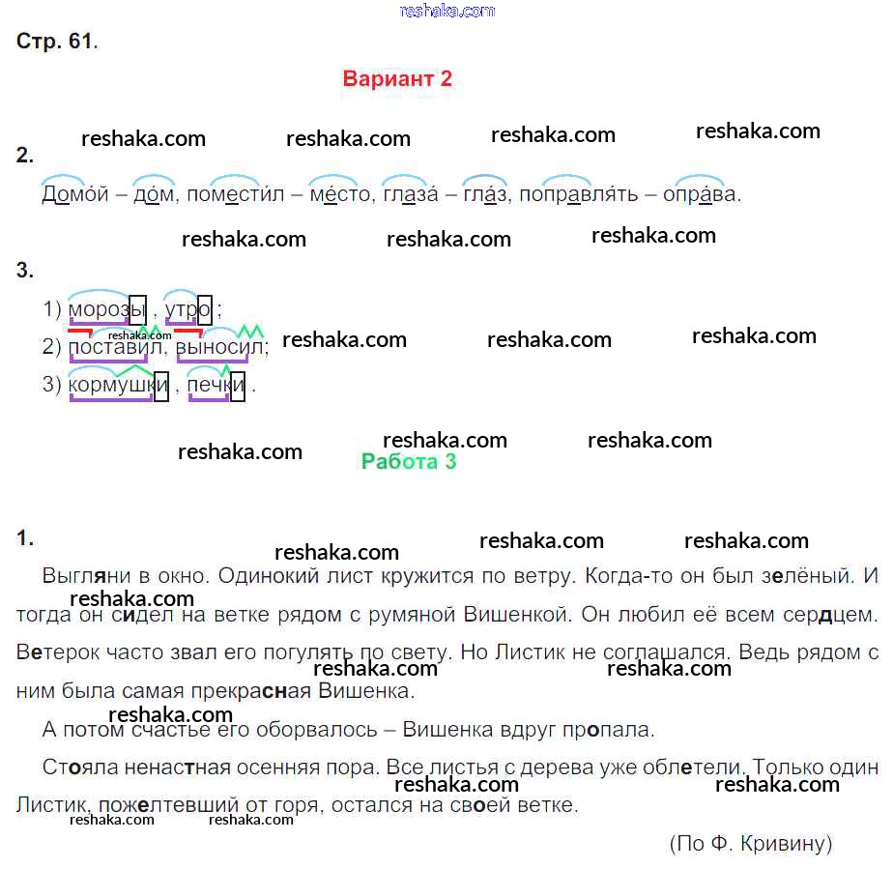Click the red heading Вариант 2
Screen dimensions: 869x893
tap(397, 79)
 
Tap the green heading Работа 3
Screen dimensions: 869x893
tap(409, 462)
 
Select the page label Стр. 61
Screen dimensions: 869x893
tap(57, 42)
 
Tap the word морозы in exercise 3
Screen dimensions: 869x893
tap(106, 310)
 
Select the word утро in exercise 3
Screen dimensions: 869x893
tap(187, 310)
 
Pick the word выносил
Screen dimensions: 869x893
tap(220, 346)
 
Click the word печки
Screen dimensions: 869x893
tap(216, 386)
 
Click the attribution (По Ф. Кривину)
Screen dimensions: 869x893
tap(750, 844)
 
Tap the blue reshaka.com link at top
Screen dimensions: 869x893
tap(446, 11)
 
